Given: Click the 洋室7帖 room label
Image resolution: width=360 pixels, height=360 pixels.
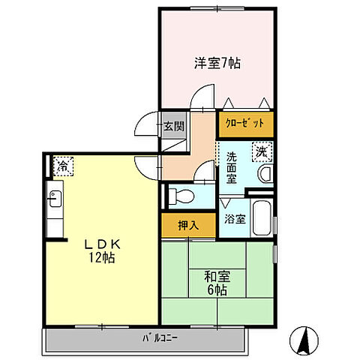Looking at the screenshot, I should tap(217, 64).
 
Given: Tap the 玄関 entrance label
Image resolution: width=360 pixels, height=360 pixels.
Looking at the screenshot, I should tap(173, 126).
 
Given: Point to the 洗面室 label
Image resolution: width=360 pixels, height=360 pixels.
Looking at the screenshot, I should tap(232, 169).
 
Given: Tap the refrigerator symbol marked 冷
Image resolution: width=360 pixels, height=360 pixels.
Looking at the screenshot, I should tap(63, 166).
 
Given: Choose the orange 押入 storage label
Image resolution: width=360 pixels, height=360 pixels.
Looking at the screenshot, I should tap(188, 224).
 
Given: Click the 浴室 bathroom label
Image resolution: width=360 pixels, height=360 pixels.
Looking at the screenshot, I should tap(235, 220).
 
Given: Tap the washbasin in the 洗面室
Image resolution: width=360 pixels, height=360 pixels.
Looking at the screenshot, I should tap(265, 175).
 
